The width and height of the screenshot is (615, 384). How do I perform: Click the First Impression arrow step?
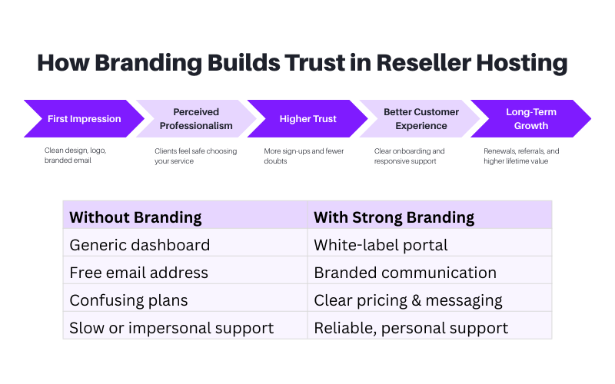pyautogui.click(x=84, y=119)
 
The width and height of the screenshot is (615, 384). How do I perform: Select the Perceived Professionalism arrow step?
pyautogui.click(x=196, y=119)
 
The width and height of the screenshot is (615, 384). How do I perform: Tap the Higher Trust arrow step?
pyautogui.click(x=307, y=119)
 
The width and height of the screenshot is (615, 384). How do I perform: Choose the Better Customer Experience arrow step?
pyautogui.click(x=421, y=119)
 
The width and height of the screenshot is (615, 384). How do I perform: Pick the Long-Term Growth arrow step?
pyautogui.click(x=531, y=119)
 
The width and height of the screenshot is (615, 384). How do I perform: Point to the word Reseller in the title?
pyautogui.click(x=422, y=63)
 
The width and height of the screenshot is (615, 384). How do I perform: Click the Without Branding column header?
pyautogui.click(x=135, y=217)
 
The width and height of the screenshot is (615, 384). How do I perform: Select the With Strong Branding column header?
pyautogui.click(x=394, y=217)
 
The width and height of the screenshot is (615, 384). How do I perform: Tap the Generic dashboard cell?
pyautogui.click(x=139, y=246)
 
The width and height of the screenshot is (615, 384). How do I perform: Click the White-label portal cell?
pyautogui.click(x=381, y=246)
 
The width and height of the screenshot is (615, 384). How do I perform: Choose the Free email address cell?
pyautogui.click(x=138, y=273)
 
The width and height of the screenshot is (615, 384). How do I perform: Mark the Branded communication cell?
pyautogui.click(x=405, y=273)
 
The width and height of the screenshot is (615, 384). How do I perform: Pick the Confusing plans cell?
pyautogui.click(x=128, y=300)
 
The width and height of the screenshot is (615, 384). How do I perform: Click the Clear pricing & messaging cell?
pyautogui.click(x=407, y=300)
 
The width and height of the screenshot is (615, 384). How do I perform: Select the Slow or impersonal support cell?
pyautogui.click(x=171, y=328)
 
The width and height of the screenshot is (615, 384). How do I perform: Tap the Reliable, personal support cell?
pyautogui.click(x=411, y=328)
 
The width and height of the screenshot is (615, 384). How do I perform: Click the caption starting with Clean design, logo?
pyautogui.click(x=75, y=156)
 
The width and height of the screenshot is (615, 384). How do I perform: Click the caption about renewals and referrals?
pyautogui.click(x=521, y=156)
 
